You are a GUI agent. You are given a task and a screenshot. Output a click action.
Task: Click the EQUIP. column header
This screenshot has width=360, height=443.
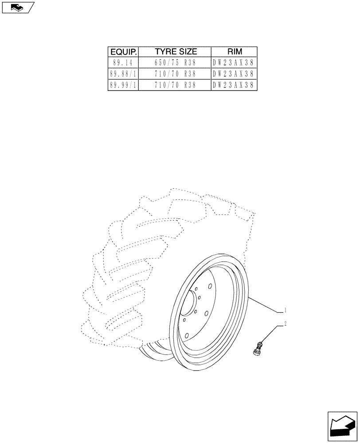coord(123,51)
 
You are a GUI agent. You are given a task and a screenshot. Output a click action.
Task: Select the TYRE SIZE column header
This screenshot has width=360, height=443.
coord(175,51)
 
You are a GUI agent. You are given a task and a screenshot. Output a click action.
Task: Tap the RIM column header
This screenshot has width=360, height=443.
coord(234,51)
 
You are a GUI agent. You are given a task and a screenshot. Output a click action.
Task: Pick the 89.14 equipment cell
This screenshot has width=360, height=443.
coord(123,62)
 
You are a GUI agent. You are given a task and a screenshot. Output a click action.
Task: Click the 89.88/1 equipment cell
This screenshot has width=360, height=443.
coord(123,74)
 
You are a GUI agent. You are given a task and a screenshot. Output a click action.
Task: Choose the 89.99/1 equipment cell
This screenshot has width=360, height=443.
coord(123,85)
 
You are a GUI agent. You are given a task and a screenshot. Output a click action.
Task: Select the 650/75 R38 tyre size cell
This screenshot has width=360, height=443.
coord(175,62)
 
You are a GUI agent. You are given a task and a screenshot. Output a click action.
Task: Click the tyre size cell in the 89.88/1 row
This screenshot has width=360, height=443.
coord(175,74)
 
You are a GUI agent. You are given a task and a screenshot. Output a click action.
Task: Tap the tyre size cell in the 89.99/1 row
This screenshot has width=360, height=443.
coord(175,85)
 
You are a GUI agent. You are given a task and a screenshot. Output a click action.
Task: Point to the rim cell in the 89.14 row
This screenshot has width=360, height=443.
coord(234,62)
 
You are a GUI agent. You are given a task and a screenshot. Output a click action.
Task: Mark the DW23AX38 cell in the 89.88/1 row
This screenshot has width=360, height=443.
coord(234,74)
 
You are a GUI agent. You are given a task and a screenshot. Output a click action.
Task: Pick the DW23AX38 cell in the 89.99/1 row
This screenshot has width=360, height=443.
coord(234,85)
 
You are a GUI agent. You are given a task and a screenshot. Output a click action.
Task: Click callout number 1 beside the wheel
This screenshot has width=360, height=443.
coord(286,310)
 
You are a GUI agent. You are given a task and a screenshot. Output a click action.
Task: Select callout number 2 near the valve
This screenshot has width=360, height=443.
coord(286,324)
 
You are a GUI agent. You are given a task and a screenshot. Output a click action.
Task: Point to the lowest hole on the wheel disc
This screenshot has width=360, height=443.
coord(187,335)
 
